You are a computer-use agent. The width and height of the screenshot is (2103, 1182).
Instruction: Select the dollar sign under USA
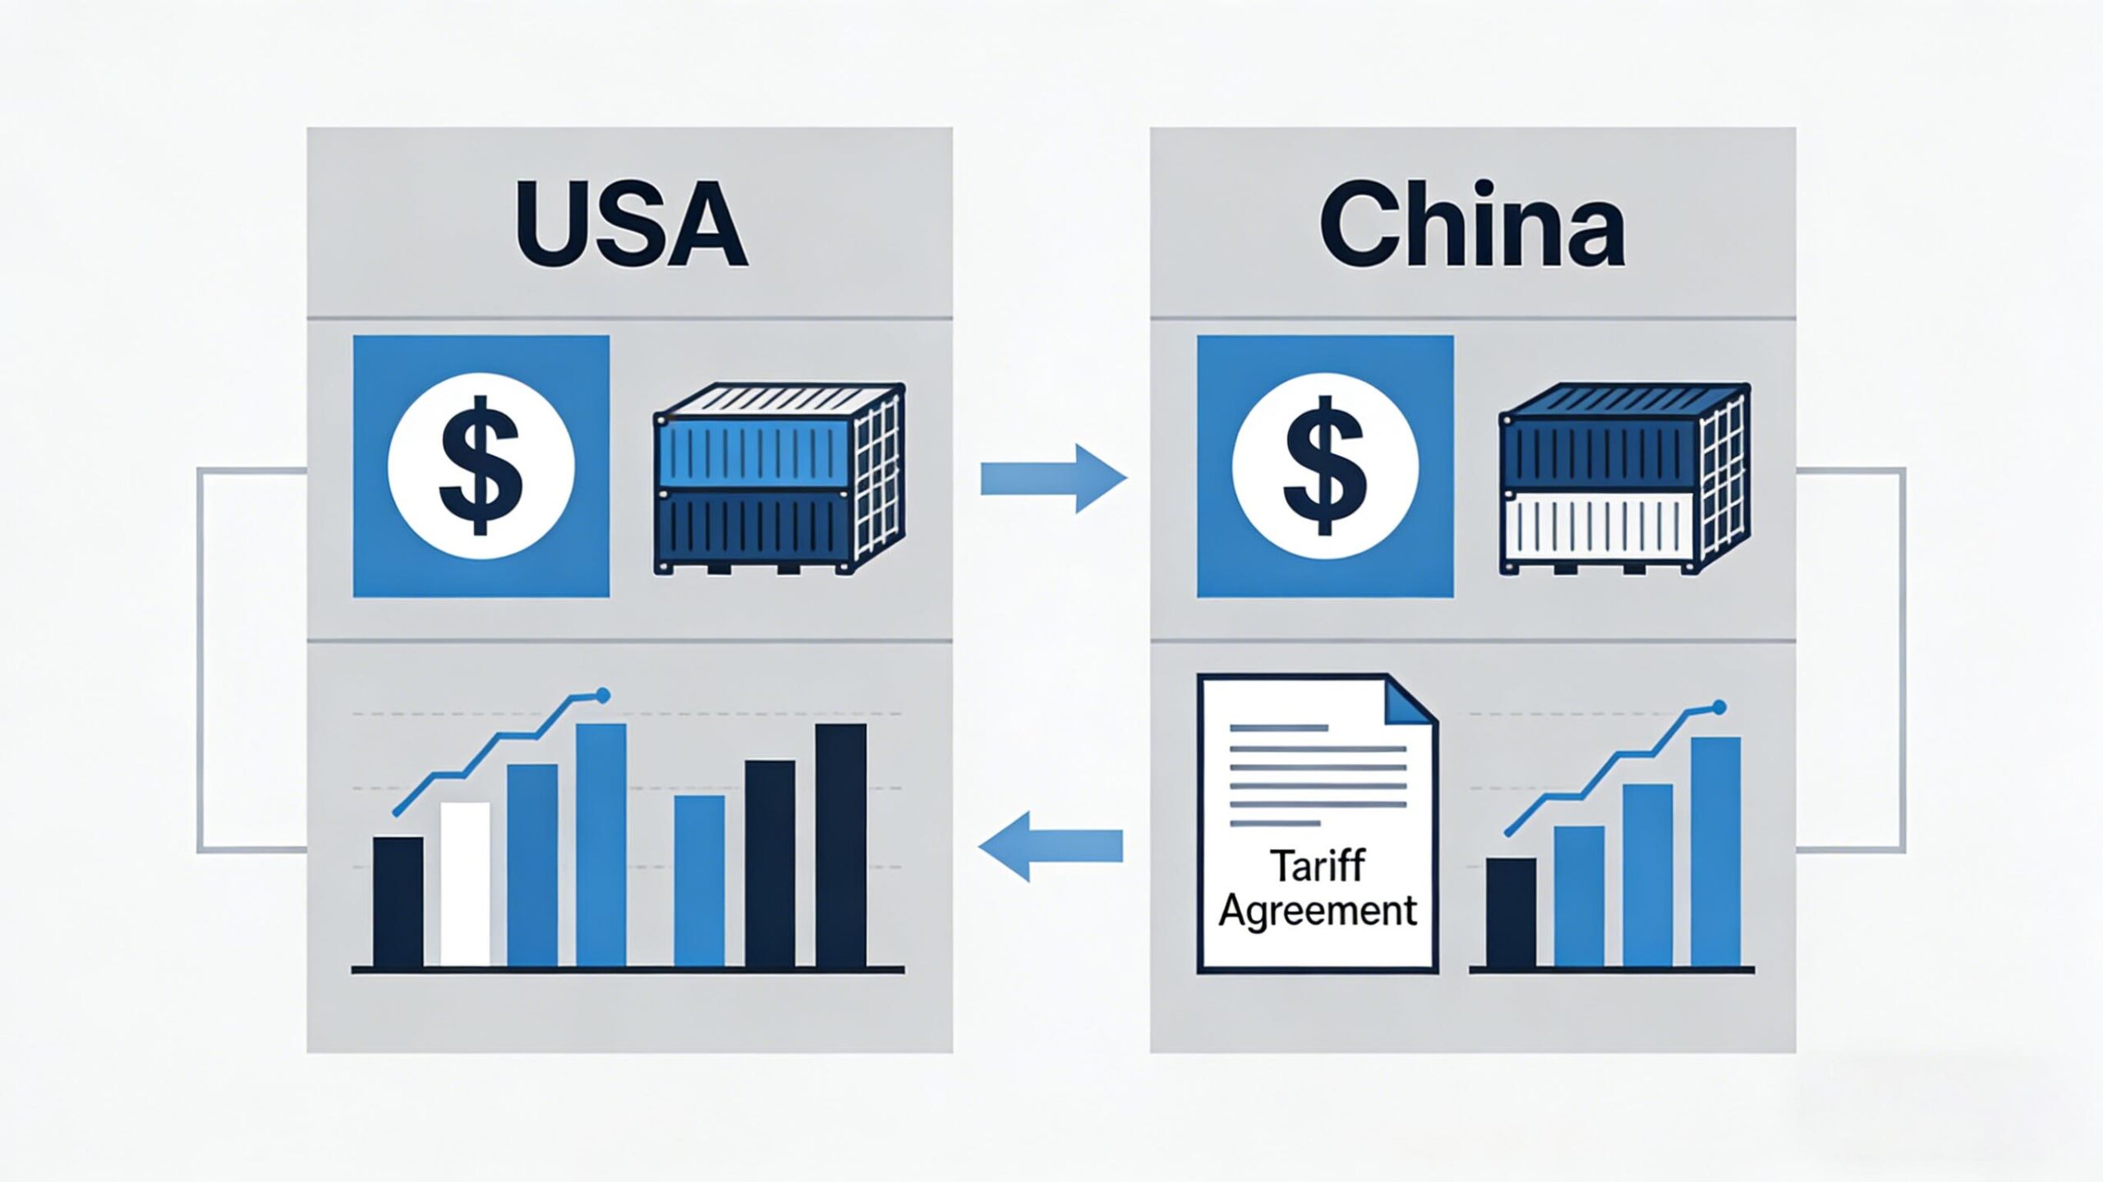click(481, 465)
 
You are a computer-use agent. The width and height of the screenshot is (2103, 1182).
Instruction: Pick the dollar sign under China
click(1325, 465)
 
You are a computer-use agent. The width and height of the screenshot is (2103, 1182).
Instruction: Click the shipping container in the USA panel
click(779, 478)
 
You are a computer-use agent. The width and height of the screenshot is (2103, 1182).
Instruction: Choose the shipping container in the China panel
click(1623, 478)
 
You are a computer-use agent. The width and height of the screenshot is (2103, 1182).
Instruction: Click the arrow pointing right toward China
click(1054, 479)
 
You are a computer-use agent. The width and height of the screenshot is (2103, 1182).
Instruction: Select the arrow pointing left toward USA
click(1051, 845)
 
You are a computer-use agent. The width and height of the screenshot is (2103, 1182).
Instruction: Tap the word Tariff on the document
click(1318, 866)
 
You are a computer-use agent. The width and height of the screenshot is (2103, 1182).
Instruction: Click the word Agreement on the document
click(1318, 911)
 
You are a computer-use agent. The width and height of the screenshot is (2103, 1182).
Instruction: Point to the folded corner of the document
click(1412, 700)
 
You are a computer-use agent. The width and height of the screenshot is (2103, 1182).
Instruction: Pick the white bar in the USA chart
click(465, 885)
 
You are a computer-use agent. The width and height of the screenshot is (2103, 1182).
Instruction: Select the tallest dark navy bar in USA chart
click(840, 846)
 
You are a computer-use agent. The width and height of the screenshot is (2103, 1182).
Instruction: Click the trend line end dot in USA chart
click(604, 696)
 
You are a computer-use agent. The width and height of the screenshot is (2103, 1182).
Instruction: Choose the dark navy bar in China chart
click(1512, 913)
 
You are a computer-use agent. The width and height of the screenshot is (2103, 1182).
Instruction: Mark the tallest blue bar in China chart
click(1716, 853)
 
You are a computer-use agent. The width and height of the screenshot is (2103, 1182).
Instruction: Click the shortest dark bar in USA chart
click(398, 902)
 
